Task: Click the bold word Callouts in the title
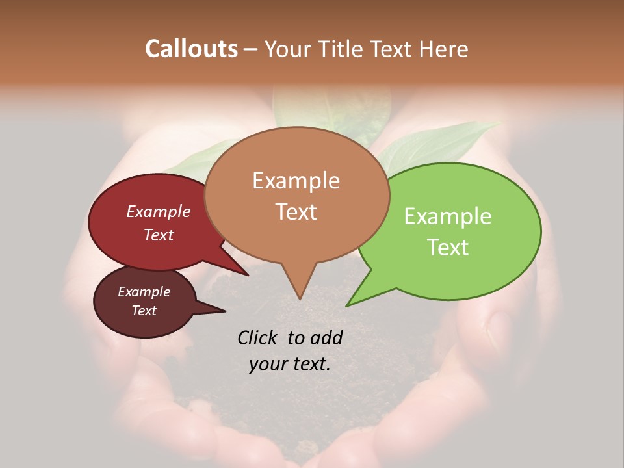click(191, 49)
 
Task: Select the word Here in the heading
click(443, 49)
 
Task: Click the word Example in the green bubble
click(448, 216)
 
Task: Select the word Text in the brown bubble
click(296, 212)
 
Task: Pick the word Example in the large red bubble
click(159, 212)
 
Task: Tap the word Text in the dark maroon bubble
click(144, 311)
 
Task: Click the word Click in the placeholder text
click(258, 337)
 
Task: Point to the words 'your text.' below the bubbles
click(289, 364)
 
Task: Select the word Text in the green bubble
click(448, 248)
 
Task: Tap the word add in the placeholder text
click(326, 337)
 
